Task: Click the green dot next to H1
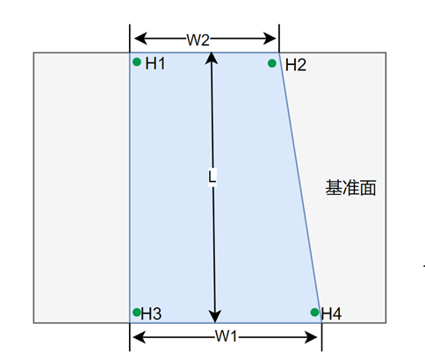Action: coord(137,61)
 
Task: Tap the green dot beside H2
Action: coord(272,63)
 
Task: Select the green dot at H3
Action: coord(137,313)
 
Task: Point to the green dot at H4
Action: coord(314,313)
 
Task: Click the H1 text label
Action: coord(155,63)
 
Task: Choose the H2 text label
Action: coord(296,65)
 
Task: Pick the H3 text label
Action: coord(151,313)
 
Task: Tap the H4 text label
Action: coord(331,313)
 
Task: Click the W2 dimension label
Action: coord(198,40)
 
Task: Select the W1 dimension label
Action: coord(226,336)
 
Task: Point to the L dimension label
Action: coord(212,176)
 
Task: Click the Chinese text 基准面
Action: coord(350,188)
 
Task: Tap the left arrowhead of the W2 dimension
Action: coord(140,39)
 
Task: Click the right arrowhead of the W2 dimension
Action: coord(270,39)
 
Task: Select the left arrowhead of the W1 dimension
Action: coord(139,337)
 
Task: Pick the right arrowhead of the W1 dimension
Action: coord(311,337)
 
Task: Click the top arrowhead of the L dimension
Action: coord(212,58)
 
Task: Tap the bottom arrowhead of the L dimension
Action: coord(215,317)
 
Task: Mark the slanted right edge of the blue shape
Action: coord(300,188)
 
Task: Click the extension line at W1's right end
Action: coord(321,336)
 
